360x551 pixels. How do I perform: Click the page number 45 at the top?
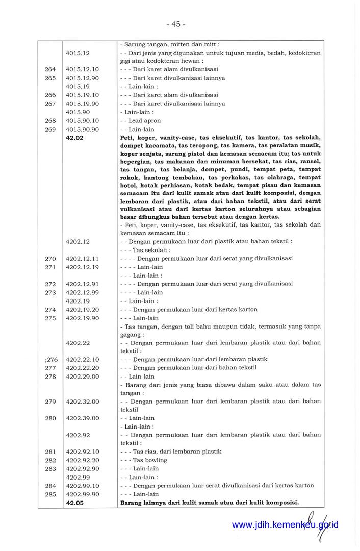click(176, 24)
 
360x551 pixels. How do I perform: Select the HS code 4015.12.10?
click(82, 69)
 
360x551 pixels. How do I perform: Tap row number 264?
click(50, 69)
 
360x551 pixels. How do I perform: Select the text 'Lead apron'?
click(144, 121)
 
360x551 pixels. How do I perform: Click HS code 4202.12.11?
click(82, 258)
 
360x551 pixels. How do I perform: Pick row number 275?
click(50, 318)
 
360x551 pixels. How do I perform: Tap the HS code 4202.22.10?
click(82, 359)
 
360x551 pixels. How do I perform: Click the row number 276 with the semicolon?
click(50, 359)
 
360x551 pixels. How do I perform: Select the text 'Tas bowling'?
click(150, 460)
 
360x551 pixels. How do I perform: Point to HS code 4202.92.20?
click(82, 460)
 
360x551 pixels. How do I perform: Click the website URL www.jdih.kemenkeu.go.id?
click(285, 524)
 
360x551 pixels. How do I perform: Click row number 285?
click(50, 494)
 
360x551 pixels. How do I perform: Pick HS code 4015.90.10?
click(82, 121)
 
